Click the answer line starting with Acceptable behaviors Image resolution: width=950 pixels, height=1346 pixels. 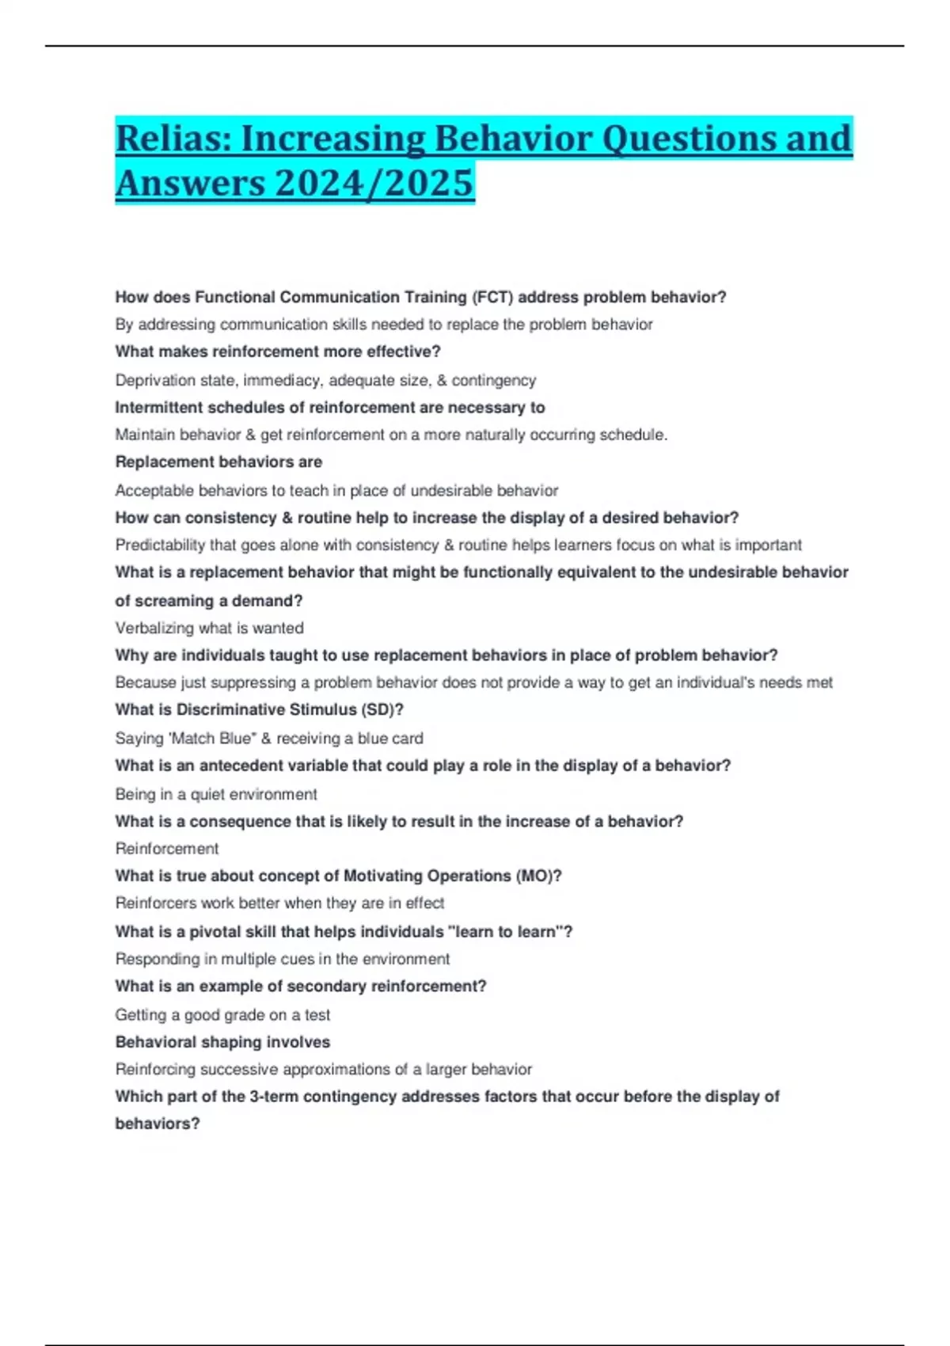click(336, 491)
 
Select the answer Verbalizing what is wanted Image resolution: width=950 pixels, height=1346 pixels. click(209, 629)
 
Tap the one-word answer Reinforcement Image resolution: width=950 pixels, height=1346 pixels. click(166, 849)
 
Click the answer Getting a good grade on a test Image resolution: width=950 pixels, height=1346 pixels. click(222, 1015)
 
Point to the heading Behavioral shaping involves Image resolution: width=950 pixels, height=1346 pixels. click(222, 1043)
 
